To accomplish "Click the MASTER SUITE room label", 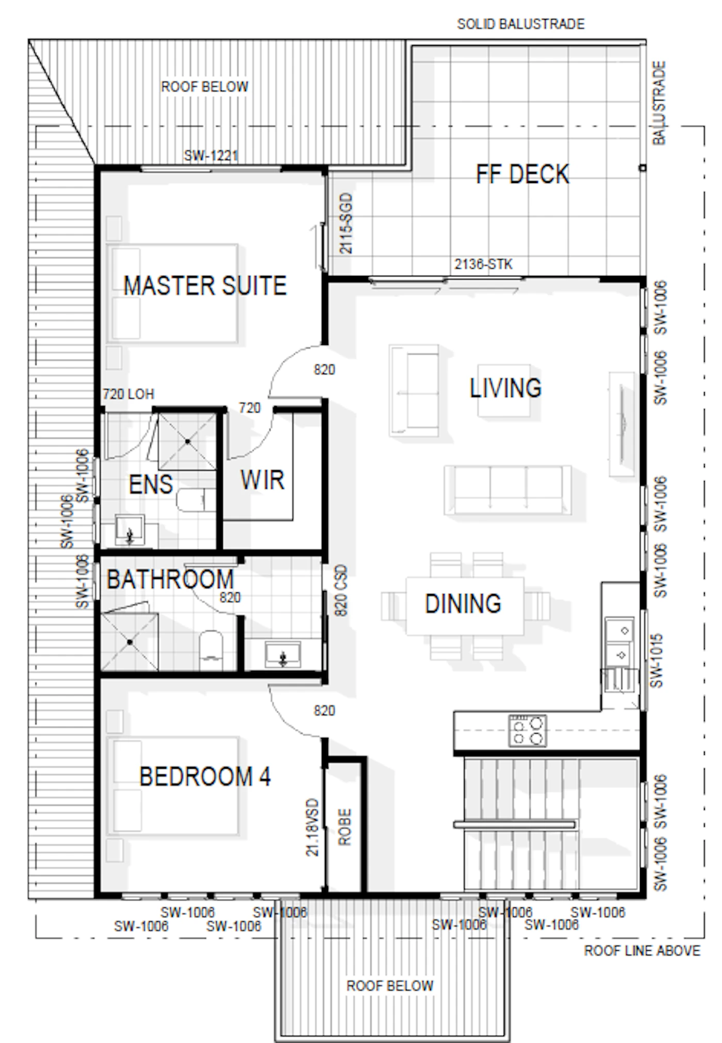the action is click(205, 285).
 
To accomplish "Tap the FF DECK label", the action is click(522, 174).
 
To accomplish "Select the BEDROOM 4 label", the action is click(205, 776).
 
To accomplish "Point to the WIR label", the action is click(262, 479).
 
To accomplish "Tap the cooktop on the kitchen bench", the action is click(527, 730).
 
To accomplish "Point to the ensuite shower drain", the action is click(187, 441).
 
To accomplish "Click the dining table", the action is click(465, 606).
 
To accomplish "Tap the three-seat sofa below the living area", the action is click(508, 490).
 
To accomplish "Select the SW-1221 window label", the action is click(211, 155).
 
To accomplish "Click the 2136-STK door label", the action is click(483, 264).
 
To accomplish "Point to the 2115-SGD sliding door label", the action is click(346, 223).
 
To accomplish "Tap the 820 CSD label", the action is click(341, 591).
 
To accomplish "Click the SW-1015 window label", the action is click(656, 660).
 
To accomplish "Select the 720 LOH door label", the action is click(128, 394).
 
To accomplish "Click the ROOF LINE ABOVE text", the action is click(642, 950).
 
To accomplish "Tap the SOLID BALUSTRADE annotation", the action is click(521, 24).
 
